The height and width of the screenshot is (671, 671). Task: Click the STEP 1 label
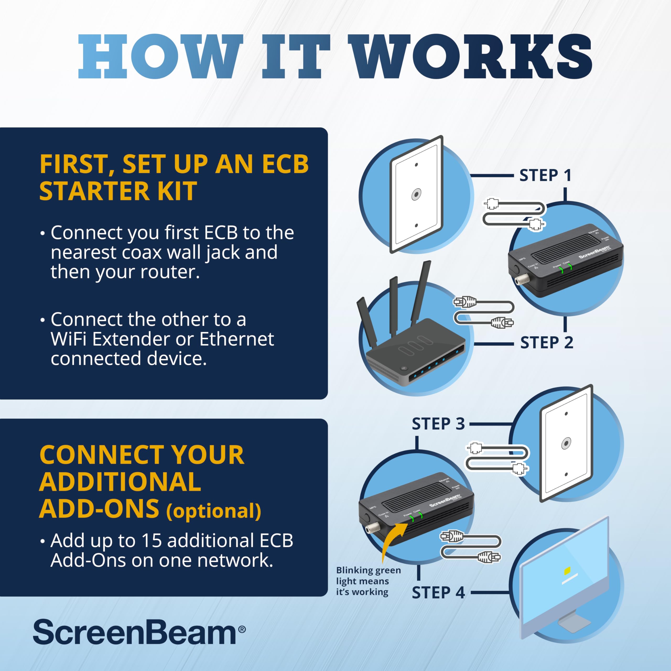[x=545, y=175]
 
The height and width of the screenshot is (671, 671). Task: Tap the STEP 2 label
[x=546, y=343]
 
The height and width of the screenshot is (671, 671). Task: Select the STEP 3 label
[x=438, y=424]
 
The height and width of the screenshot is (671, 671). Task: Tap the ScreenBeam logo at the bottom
[x=139, y=632]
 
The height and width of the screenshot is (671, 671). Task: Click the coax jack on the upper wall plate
[x=416, y=194]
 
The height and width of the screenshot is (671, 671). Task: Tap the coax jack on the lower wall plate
[x=566, y=443]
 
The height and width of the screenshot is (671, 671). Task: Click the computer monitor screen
[x=564, y=578]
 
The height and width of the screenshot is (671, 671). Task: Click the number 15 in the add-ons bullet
[x=152, y=540]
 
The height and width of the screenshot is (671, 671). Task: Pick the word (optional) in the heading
[x=213, y=511]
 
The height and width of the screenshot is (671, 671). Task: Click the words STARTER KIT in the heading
[x=118, y=191]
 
